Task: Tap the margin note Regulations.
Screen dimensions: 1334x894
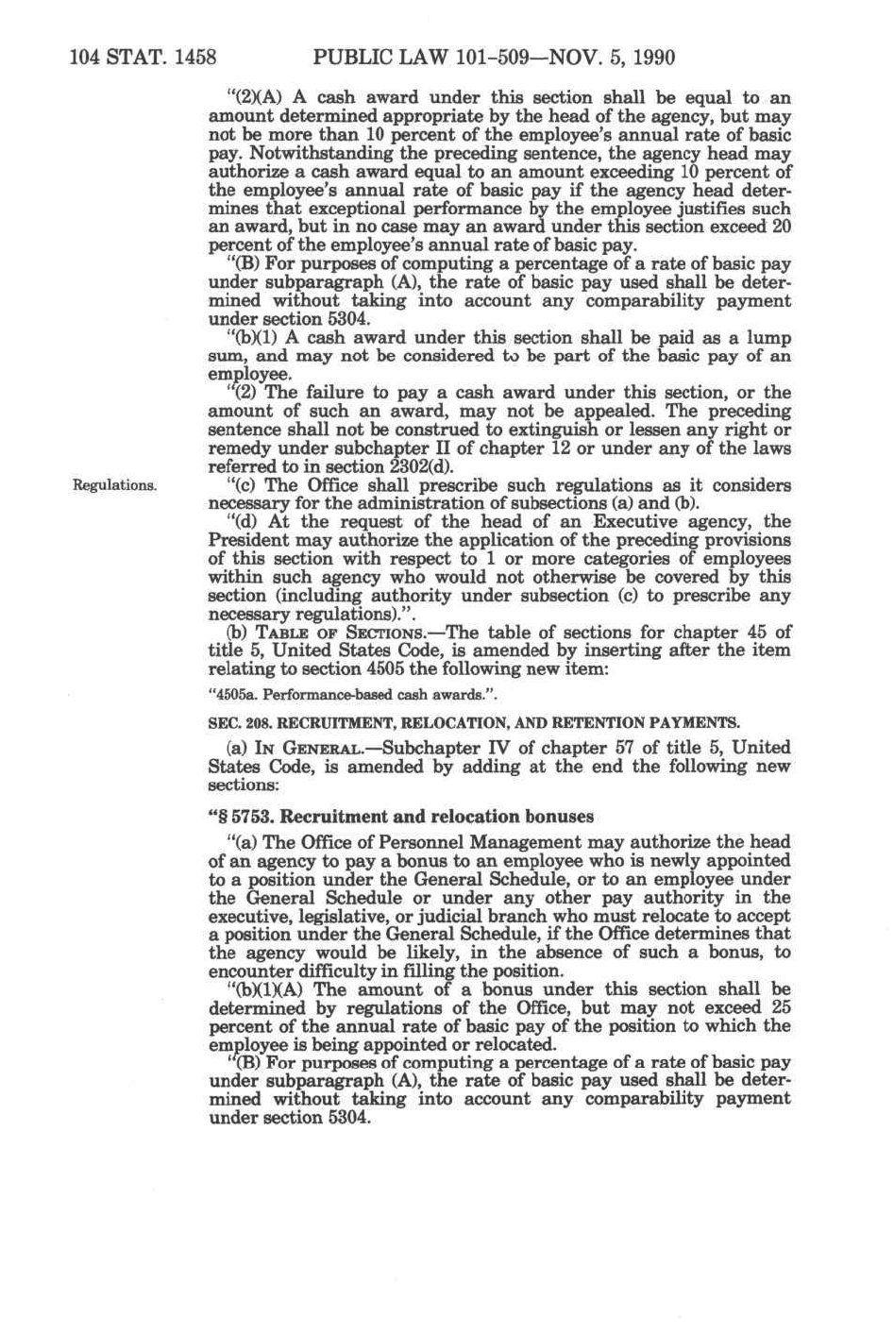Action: tap(115, 485)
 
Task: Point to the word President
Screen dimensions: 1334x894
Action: tap(246, 541)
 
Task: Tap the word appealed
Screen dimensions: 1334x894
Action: tap(563, 412)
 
